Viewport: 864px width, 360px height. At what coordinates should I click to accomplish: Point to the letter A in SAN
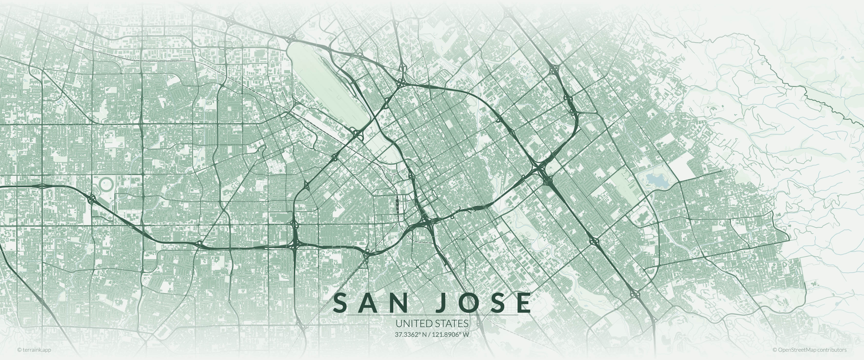[x=369, y=303]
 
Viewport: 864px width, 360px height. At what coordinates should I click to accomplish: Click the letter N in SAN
[x=399, y=303]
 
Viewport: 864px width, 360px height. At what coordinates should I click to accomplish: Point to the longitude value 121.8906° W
[x=450, y=334]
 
